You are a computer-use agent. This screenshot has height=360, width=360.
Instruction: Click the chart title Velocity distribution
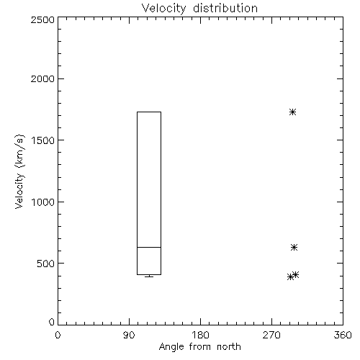point(199,9)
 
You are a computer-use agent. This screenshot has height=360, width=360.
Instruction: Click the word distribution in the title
point(225,9)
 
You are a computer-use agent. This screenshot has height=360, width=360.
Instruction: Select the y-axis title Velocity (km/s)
point(19,171)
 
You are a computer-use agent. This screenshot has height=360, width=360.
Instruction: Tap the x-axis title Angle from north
point(199,347)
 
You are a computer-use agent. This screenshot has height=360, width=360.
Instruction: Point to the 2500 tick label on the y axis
point(42,19)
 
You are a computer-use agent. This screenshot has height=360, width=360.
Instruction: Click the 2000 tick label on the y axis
point(42,78)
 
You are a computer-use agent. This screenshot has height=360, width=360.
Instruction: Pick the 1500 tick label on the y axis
point(43,140)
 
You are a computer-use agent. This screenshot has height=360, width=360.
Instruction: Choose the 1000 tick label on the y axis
point(43,202)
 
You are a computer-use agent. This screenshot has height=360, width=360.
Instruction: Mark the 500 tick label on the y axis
point(46,264)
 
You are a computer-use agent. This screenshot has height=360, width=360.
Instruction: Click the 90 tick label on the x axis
point(129,335)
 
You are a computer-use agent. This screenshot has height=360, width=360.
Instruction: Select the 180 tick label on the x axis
point(200,335)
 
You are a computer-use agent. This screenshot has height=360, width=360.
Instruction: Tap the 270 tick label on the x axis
point(271,335)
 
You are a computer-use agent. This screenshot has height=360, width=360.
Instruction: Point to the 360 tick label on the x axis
point(343,335)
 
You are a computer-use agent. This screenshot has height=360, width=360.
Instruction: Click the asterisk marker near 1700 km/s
point(292,112)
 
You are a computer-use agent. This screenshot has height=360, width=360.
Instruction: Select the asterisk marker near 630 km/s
point(294,247)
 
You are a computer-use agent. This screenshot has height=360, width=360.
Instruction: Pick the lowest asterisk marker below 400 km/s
point(290,276)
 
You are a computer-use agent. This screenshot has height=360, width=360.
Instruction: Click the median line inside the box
point(149,247)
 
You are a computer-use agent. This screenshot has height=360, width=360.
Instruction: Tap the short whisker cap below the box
point(149,276)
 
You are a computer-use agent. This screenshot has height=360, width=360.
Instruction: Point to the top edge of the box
point(149,112)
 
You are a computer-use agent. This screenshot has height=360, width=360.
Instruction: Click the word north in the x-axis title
point(229,347)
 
